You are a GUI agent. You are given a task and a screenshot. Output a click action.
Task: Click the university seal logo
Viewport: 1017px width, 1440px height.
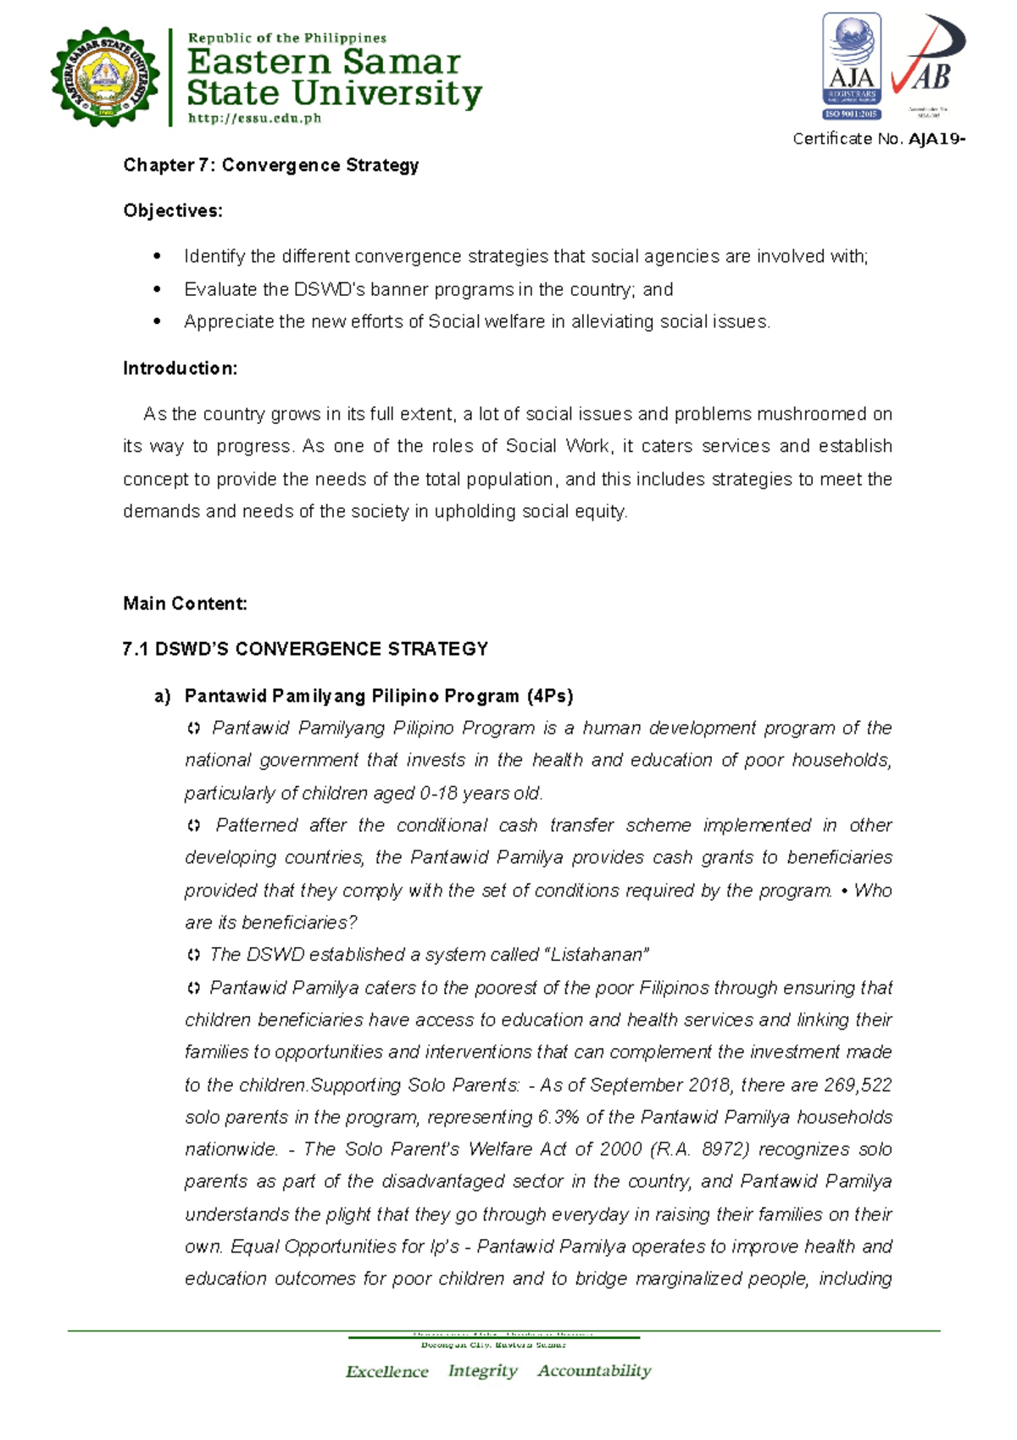click(104, 77)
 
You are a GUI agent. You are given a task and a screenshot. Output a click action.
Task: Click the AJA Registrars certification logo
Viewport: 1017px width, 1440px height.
click(851, 66)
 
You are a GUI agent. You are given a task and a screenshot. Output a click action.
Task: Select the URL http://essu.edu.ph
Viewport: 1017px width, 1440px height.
click(254, 119)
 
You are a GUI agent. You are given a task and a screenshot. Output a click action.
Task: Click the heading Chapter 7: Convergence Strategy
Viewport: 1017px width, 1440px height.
click(271, 165)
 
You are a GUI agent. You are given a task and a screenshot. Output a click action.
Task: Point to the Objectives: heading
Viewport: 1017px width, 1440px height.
click(173, 210)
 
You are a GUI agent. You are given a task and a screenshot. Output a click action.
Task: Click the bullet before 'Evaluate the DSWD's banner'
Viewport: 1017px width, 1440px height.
click(156, 290)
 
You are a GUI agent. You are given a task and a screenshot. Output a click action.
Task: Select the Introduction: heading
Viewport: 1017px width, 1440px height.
click(180, 368)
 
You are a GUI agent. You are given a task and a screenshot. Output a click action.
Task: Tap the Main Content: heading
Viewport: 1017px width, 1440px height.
click(185, 603)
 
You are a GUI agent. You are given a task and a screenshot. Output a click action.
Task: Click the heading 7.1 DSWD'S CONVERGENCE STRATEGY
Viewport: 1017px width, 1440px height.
click(305, 649)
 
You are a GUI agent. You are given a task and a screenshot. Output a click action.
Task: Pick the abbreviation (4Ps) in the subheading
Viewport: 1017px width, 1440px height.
click(549, 696)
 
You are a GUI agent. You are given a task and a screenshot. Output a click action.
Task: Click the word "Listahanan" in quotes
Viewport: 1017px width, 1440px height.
click(599, 955)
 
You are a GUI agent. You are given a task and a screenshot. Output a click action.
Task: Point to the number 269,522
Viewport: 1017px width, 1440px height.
click(858, 1085)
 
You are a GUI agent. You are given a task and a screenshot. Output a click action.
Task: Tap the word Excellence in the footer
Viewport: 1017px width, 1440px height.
click(386, 1371)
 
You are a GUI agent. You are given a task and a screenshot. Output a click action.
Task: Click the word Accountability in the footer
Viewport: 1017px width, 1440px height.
click(594, 1370)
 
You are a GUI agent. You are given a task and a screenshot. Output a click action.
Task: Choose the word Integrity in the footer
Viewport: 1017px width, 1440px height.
click(482, 1370)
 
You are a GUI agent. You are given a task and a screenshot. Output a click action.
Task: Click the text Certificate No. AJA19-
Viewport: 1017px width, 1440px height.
click(878, 139)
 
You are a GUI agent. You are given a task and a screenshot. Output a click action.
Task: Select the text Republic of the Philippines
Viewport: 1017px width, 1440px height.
click(286, 38)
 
